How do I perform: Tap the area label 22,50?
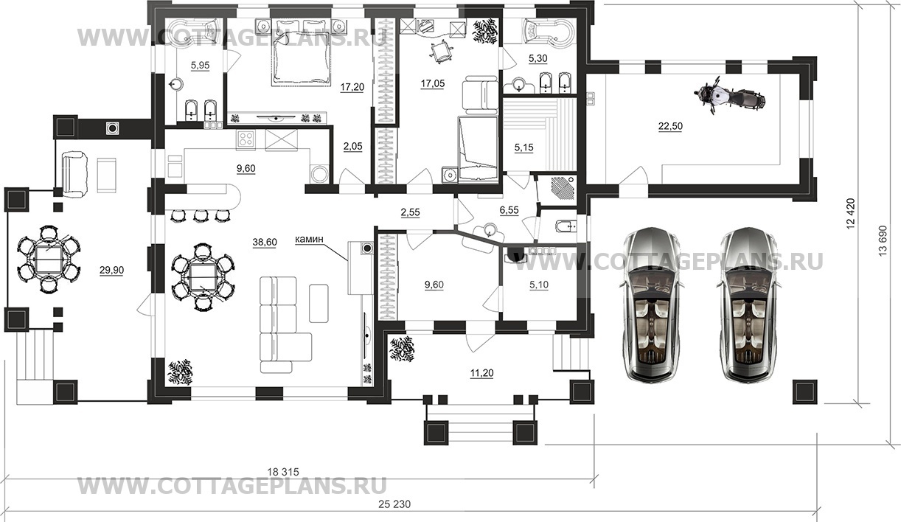pos(670,126)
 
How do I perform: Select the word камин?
pos(309,240)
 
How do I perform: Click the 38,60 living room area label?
pos(265,242)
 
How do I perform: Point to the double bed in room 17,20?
pos(301,58)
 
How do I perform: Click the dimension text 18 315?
pos(284,471)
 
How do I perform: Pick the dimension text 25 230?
pos(394,504)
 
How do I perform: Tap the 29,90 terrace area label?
pos(112,271)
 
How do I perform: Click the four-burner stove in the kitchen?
pos(246,139)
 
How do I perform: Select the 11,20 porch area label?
pos(481,373)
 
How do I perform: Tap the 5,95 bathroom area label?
pos(200,65)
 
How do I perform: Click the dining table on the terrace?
pos(49,259)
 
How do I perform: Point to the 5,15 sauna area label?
pos(523,147)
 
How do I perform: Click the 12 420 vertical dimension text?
pos(850,214)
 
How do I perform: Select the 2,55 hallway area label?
pos(410,212)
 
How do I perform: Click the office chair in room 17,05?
pos(441,51)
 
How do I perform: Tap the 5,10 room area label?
pos(538,285)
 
